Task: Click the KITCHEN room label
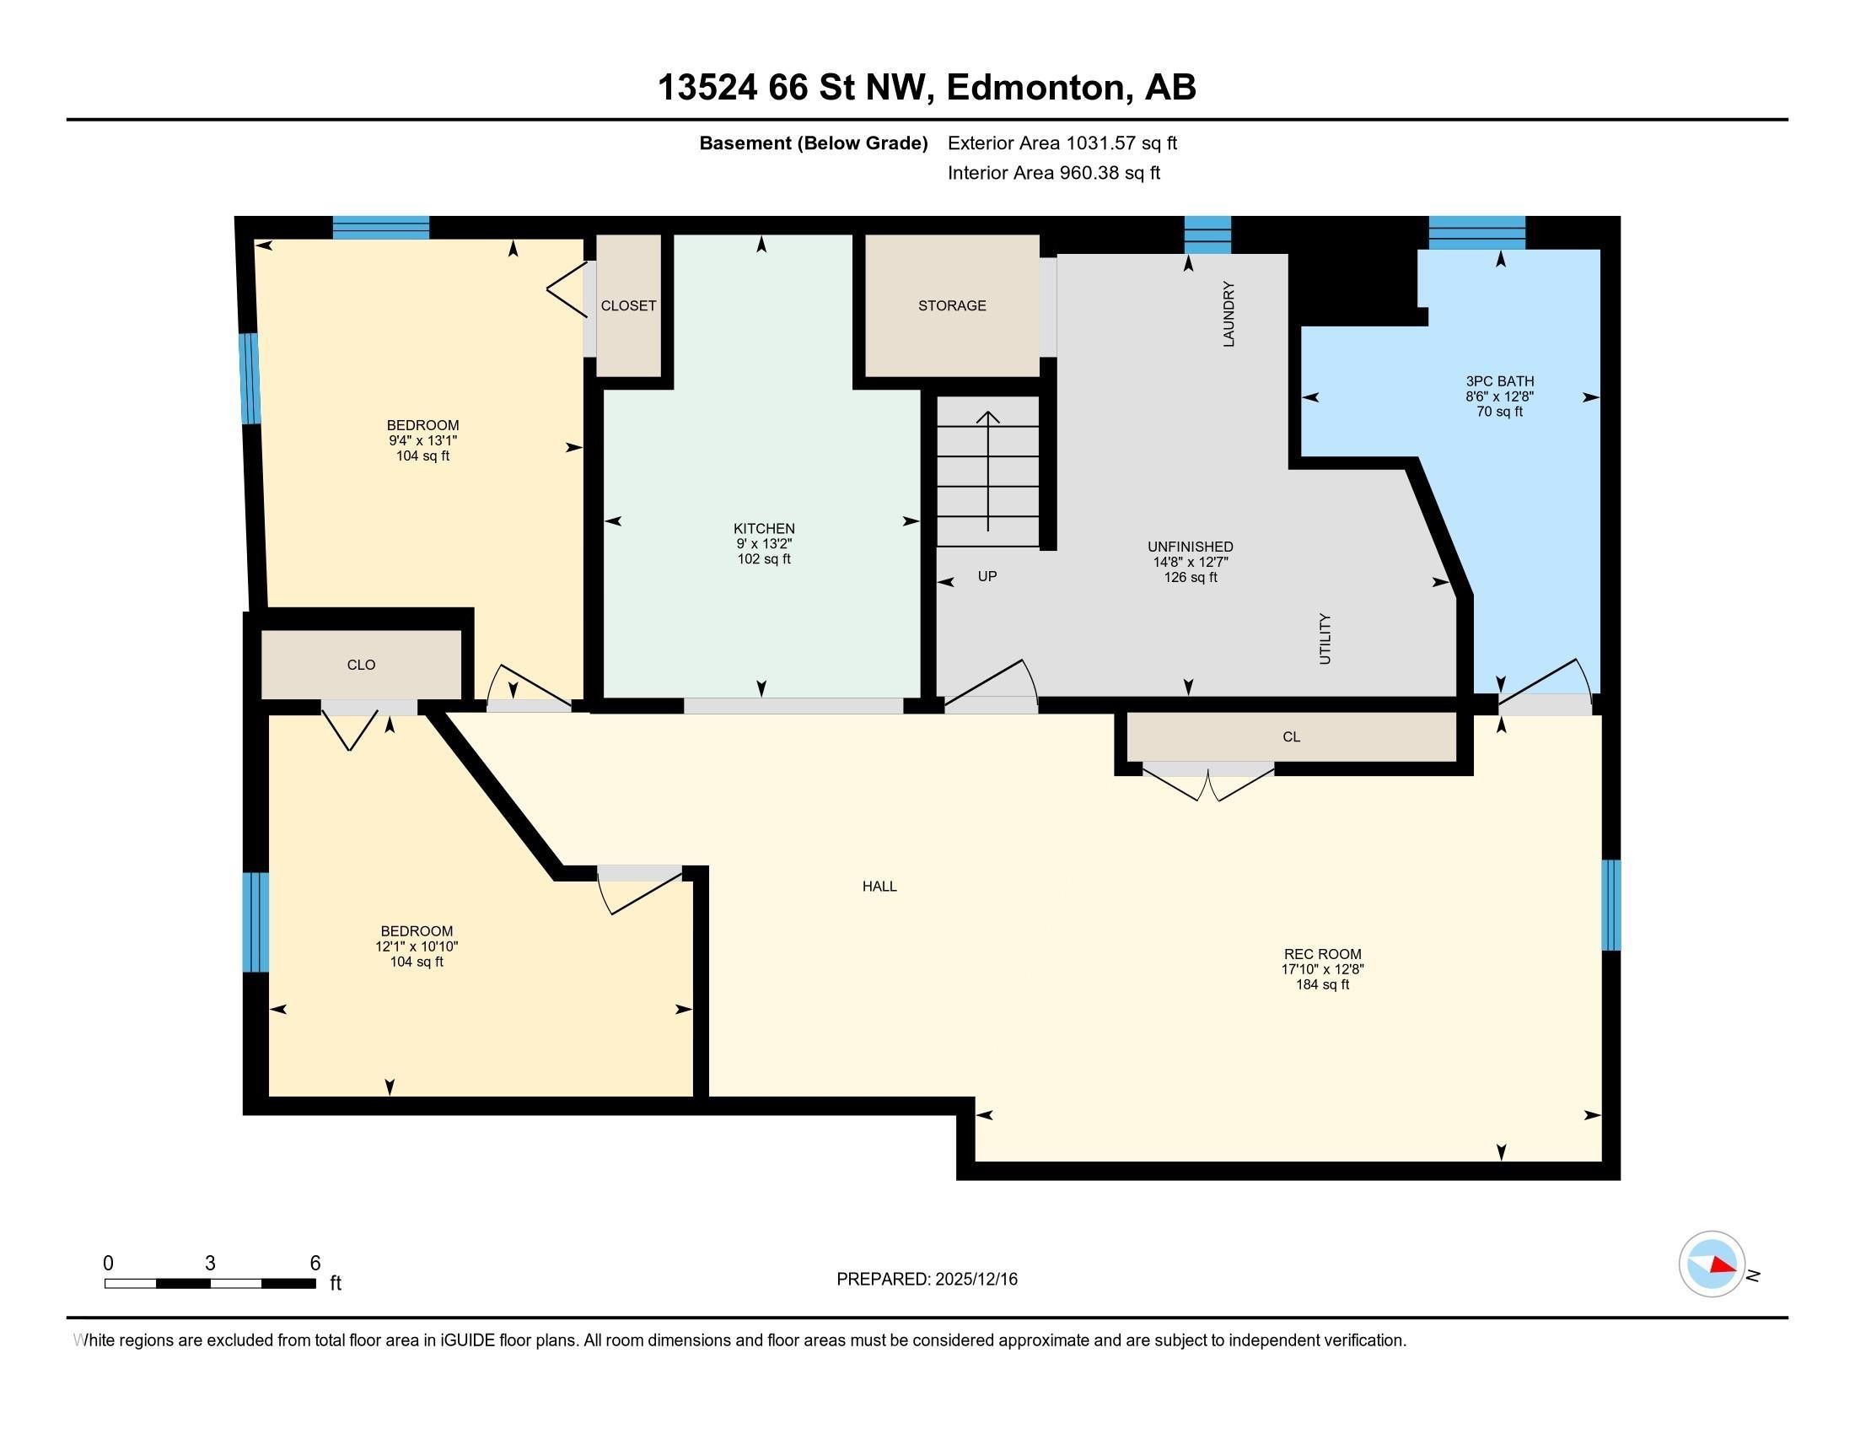click(764, 528)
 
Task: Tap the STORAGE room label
click(951, 306)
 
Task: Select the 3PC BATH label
click(1499, 381)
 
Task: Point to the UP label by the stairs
click(987, 576)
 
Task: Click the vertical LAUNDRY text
click(1229, 315)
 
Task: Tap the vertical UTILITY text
click(1324, 639)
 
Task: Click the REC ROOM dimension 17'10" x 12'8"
click(1321, 969)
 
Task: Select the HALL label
click(879, 886)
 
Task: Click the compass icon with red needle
click(1712, 1264)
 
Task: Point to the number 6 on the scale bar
click(315, 1264)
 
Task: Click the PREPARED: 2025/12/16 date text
click(927, 1280)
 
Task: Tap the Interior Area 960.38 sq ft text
click(1053, 173)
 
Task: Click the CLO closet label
click(361, 666)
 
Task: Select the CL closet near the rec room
click(1291, 736)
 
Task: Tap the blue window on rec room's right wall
click(1610, 905)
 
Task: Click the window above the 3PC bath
click(1476, 232)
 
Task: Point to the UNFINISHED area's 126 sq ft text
click(1190, 578)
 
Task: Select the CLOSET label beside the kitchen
click(627, 306)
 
